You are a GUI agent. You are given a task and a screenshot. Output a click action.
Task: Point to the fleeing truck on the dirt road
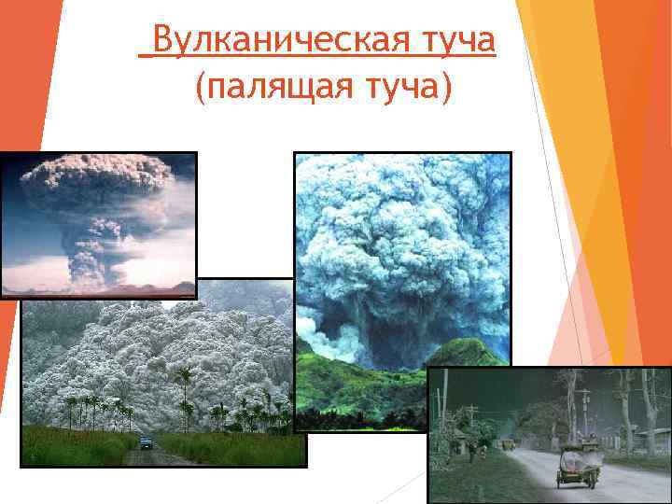(145, 442)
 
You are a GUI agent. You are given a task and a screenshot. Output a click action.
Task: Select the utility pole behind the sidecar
(586, 411)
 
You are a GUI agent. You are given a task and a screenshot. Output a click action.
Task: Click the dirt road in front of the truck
(154, 457)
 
